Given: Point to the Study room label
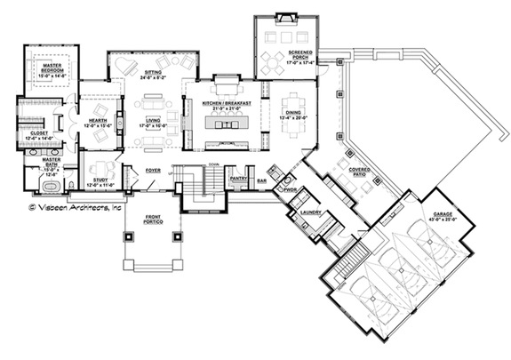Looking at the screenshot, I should pos(100,181).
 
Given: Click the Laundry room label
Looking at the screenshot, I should pos(310,212).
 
